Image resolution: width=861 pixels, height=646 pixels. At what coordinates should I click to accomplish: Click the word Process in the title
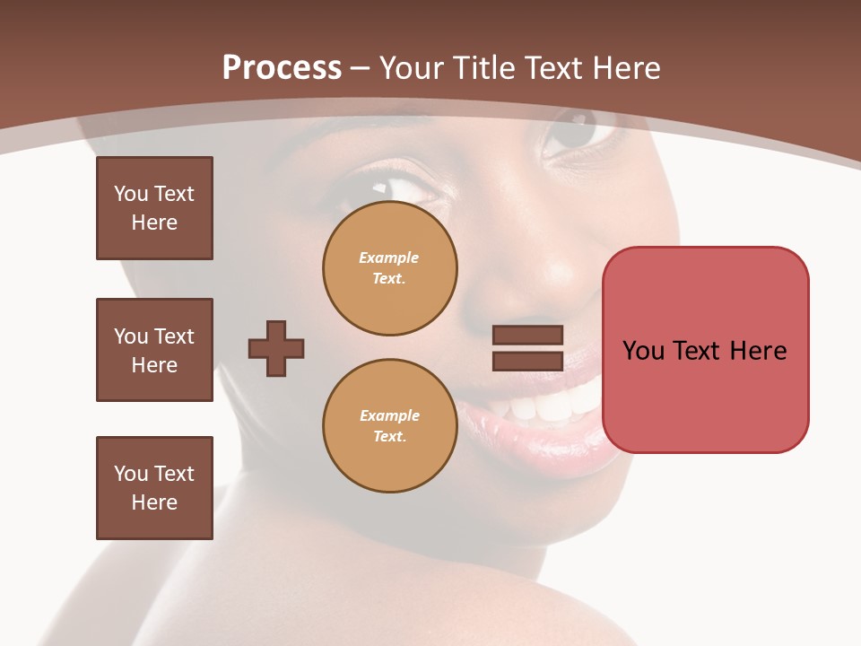pos(282,68)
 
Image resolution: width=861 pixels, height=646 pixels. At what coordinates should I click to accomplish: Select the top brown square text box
pos(154,208)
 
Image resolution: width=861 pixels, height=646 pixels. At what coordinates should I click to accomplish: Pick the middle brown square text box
pos(154,350)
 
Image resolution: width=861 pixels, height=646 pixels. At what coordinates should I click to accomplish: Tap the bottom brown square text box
pos(154,488)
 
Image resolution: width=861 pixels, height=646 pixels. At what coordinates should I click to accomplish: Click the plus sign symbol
pos(276,348)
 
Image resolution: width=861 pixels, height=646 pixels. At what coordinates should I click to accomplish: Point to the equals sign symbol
pos(527,348)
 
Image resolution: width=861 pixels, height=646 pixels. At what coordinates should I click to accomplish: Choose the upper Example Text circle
pos(389,268)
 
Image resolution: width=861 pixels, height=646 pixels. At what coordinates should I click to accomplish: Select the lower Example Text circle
pos(389,425)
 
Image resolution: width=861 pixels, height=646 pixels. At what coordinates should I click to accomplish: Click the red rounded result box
pos(705,350)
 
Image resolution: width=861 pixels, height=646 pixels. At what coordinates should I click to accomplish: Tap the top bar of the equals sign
pos(527,336)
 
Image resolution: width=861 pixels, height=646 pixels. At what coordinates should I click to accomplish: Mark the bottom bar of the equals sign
pos(527,361)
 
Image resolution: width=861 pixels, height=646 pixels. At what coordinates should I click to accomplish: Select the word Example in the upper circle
pos(389,258)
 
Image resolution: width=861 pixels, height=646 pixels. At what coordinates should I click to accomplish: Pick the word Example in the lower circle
pos(389,415)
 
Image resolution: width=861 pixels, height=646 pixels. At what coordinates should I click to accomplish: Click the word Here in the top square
pos(154,223)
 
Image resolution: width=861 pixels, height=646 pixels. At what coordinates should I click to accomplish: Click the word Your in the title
pos(409,68)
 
